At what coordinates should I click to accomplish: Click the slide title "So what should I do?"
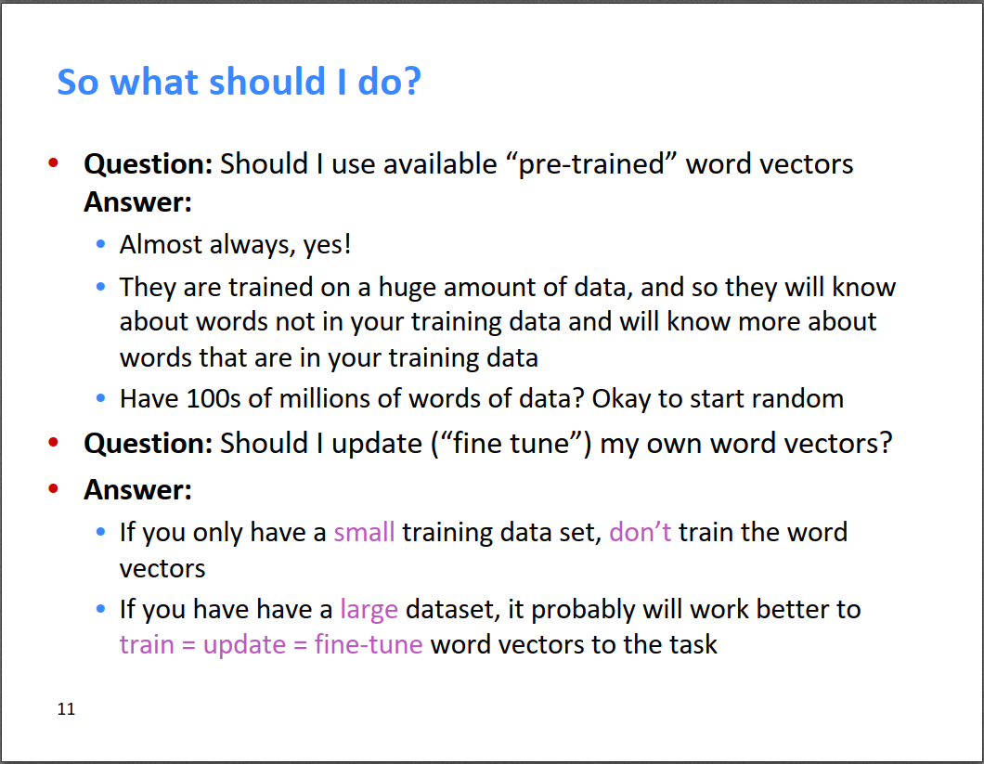(x=240, y=83)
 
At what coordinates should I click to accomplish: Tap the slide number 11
(x=66, y=708)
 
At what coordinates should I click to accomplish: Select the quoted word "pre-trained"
(x=591, y=164)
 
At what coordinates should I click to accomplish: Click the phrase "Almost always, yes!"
(x=236, y=244)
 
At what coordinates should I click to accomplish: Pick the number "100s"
(x=214, y=398)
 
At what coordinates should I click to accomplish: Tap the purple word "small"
(x=364, y=532)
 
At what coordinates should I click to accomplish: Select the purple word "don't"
(x=641, y=532)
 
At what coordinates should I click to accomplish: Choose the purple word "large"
(x=369, y=610)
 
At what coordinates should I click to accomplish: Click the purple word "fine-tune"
(x=369, y=644)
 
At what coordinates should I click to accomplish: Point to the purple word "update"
(x=245, y=645)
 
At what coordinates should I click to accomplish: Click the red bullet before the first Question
(x=53, y=163)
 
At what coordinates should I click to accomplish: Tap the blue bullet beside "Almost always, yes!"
(x=100, y=243)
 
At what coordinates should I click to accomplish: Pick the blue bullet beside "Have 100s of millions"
(x=100, y=398)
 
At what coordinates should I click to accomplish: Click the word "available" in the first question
(x=441, y=164)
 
